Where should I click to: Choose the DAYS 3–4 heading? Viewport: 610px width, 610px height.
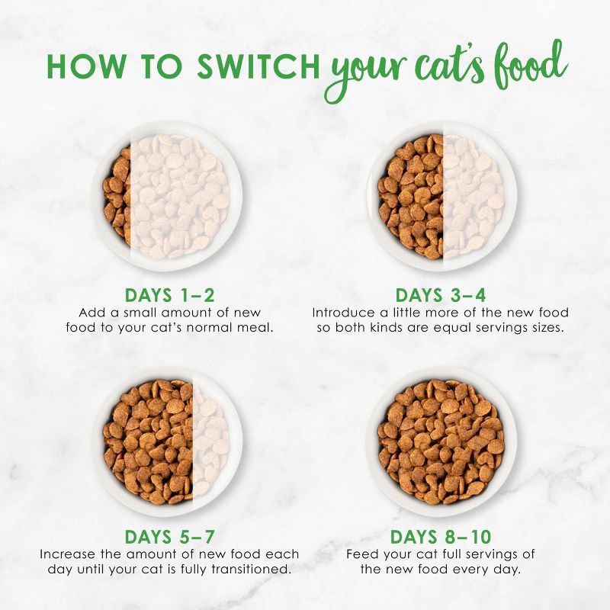[x=441, y=295]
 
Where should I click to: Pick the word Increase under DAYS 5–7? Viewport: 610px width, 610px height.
[x=66, y=554]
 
